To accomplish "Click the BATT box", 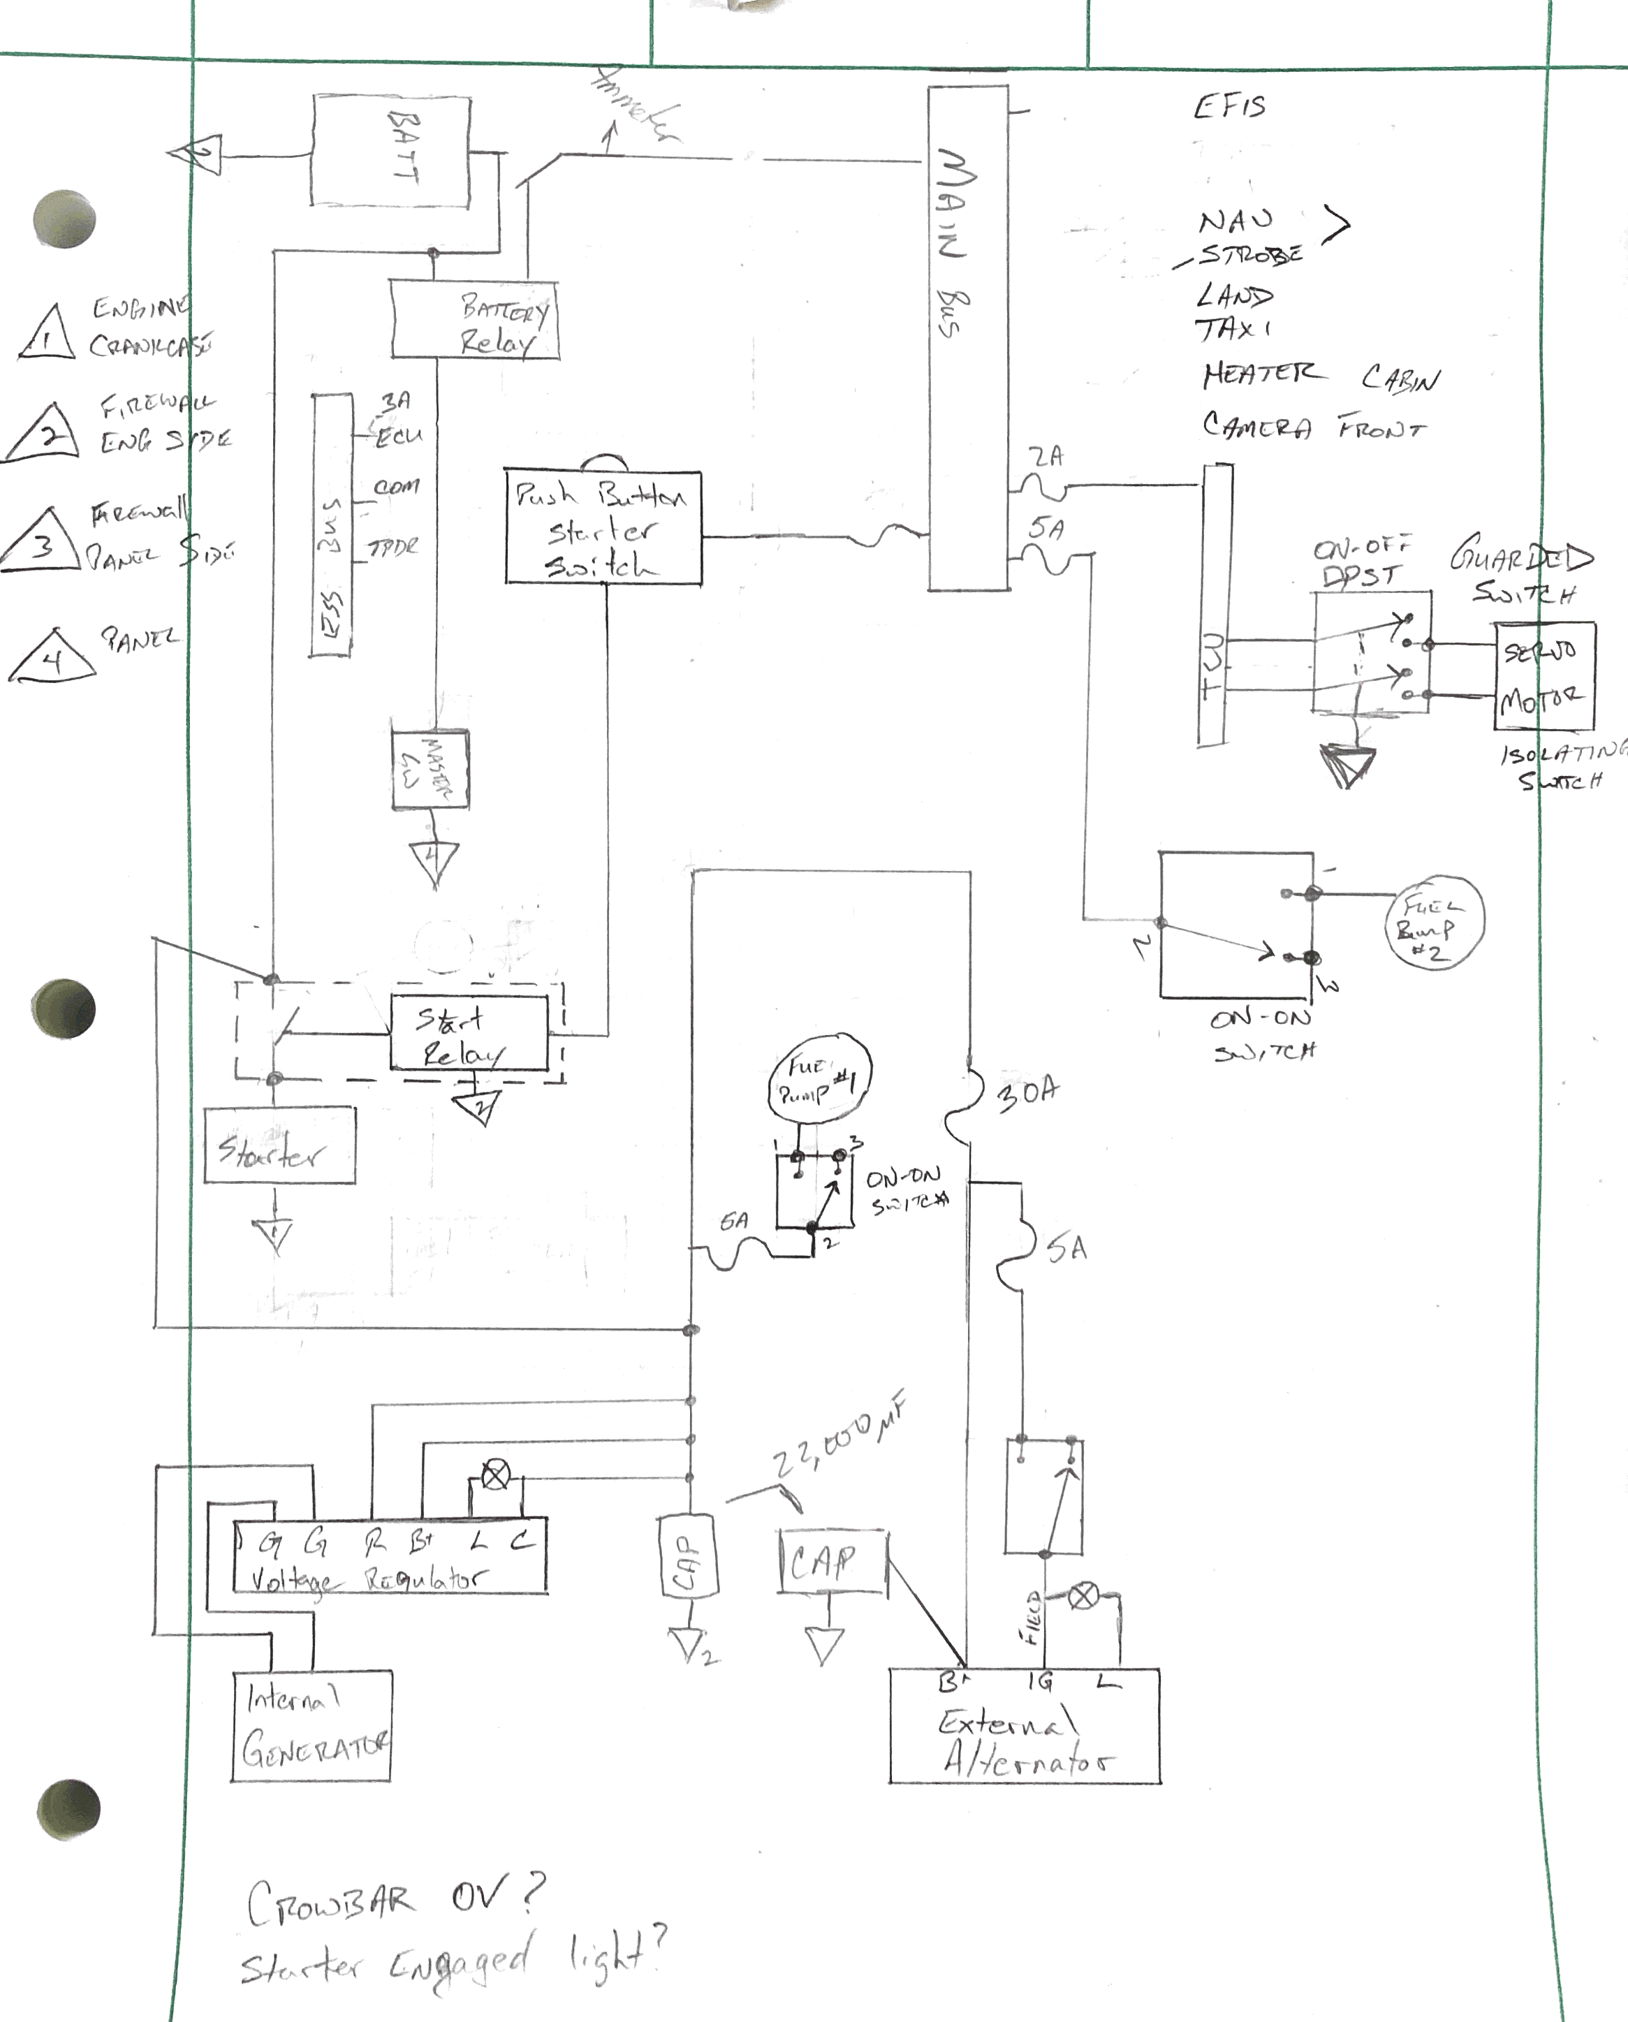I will click(390, 150).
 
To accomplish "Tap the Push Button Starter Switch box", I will click(603, 529).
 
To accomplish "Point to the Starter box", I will click(279, 1145).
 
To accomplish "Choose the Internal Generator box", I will click(311, 1726).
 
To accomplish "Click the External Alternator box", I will click(1024, 1727).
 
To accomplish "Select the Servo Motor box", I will click(1543, 676).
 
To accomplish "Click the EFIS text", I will click(1229, 107).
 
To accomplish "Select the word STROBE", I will click(1251, 255).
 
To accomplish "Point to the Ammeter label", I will click(636, 105).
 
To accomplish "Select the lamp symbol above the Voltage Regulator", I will click(495, 1477).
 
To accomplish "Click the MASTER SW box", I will click(430, 770).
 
